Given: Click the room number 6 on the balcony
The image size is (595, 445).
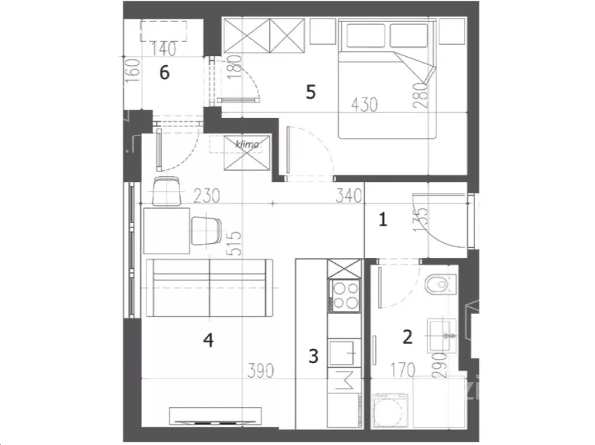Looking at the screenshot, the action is pos(165,72).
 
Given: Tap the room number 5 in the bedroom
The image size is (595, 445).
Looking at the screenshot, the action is pos(311,92).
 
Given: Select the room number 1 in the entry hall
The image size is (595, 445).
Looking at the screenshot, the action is pos(383,219).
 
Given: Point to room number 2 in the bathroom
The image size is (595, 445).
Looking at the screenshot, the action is pos(407,337).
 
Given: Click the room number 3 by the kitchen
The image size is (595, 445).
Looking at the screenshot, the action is pos(313,356).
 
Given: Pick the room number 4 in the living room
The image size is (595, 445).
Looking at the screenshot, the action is pos(208,340).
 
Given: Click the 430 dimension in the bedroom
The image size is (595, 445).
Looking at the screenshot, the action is pos(364,104).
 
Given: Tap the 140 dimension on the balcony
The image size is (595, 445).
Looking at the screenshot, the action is pos(164,48).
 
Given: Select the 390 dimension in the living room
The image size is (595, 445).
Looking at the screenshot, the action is pos(260,370).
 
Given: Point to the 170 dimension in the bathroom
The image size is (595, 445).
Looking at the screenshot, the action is pos(402,370).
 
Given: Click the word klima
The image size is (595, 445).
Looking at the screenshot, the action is pos(247,144).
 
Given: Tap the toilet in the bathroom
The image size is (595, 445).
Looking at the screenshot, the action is pos(439,284).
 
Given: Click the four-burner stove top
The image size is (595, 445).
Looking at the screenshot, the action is pos(345,296).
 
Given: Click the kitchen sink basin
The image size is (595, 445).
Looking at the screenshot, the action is pos(342,352).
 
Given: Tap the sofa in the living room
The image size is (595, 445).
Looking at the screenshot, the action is pos(210,288).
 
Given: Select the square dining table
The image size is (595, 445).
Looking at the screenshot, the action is pos(166,231).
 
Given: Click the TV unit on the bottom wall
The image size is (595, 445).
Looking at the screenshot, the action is pos(215,416).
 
